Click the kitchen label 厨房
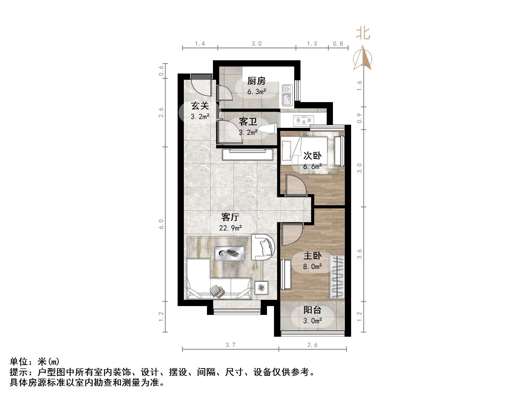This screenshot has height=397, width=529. pos(256,81)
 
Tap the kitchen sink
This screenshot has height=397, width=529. pos(287,95)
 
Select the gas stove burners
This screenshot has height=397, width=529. pos(303,120)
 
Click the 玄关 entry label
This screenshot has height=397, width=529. pos(200,106)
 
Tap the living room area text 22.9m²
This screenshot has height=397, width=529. pos(230,228)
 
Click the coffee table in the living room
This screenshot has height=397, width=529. pos(230,253)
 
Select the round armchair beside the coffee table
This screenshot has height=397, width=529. pos(263,247)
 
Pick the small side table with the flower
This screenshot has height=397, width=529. pos(261,288)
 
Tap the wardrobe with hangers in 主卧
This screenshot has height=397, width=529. pos(337,277)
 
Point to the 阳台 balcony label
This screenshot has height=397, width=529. pos(312,310)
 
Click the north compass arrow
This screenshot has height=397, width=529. pos(363,58)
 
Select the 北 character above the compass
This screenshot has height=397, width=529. pos(363,34)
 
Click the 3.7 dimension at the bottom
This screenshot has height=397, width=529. pos(230,345)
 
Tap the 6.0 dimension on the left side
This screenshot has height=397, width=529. pos(161,224)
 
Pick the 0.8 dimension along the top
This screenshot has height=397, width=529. pos(338,44)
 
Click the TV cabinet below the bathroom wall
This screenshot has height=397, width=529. pos(247,154)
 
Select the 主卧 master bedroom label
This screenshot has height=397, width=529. pos(312,256)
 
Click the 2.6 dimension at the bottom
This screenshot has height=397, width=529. pos(312,345)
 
